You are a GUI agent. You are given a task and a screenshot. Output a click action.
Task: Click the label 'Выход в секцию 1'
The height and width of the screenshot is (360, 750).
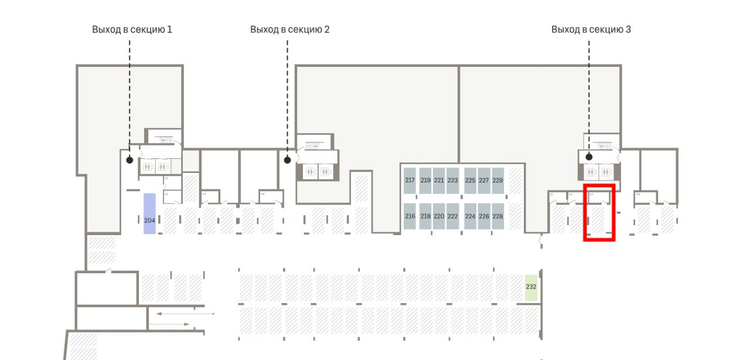pyautogui.click(x=132, y=29)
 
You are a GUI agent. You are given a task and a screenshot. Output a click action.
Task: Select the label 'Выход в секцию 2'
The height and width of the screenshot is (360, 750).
pyautogui.click(x=289, y=29)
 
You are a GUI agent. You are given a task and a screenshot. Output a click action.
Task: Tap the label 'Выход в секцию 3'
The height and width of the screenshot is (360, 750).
pyautogui.click(x=591, y=29)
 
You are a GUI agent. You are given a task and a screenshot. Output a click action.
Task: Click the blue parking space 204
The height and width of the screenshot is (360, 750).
pyautogui.click(x=149, y=213)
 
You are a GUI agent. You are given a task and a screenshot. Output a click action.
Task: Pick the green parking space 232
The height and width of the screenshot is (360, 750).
pyautogui.click(x=531, y=287)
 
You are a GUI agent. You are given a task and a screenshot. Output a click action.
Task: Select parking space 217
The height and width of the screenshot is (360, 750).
pyautogui.click(x=410, y=181)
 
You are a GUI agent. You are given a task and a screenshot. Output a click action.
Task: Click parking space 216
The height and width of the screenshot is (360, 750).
pyautogui.click(x=410, y=216)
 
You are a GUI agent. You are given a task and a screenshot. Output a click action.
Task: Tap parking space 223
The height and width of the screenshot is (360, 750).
pyautogui.click(x=452, y=181)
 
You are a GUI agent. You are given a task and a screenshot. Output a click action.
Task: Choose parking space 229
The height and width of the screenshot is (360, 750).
pyautogui.click(x=497, y=181)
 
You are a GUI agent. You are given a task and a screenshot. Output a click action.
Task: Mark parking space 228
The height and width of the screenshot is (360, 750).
pyautogui.click(x=497, y=216)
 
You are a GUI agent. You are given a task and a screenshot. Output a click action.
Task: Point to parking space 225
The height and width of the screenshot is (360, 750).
pyautogui.click(x=470, y=181)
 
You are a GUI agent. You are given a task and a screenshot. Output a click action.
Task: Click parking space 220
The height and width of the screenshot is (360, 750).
pyautogui.click(x=438, y=216)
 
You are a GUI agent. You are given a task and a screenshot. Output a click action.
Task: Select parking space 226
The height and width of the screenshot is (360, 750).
pyautogui.click(x=484, y=216)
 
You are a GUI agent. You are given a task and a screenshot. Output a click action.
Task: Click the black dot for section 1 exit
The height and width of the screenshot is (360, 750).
pyautogui.click(x=129, y=159)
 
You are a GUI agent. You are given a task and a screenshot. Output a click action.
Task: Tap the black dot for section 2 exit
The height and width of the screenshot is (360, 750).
pyautogui.click(x=287, y=159)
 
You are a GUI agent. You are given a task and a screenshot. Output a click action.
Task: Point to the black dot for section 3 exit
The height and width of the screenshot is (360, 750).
pyautogui.click(x=589, y=157)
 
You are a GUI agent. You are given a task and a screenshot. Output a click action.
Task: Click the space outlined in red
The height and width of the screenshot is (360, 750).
pyautogui.click(x=599, y=213)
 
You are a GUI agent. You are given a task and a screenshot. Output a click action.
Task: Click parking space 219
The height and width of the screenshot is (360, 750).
pyautogui.click(x=425, y=181)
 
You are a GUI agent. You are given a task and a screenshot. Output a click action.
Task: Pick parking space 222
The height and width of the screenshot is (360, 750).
pyautogui.click(x=452, y=216)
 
